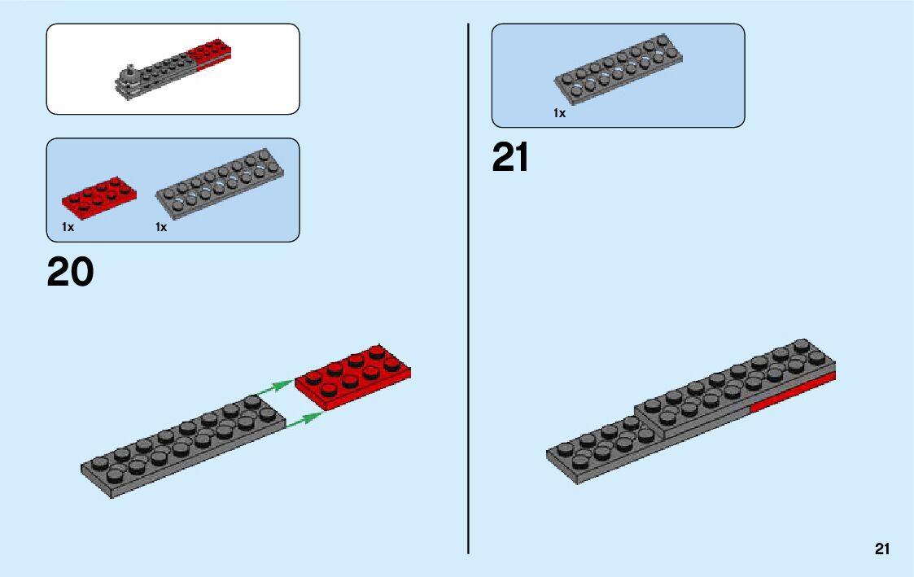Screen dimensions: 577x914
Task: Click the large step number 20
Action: click(x=70, y=273)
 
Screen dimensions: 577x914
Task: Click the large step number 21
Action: click(x=510, y=158)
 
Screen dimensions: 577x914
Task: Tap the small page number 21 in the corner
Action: click(x=881, y=549)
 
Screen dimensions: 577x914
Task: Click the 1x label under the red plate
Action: click(x=68, y=228)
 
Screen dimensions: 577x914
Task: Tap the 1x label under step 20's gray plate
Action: click(x=161, y=228)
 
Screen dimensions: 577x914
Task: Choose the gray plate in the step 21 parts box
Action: click(x=619, y=72)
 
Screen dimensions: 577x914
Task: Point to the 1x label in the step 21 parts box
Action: click(x=559, y=114)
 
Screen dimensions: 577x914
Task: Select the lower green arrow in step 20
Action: click(x=303, y=418)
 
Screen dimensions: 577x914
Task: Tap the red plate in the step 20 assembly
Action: click(x=353, y=377)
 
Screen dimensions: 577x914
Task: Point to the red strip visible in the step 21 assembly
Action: click(x=794, y=393)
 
